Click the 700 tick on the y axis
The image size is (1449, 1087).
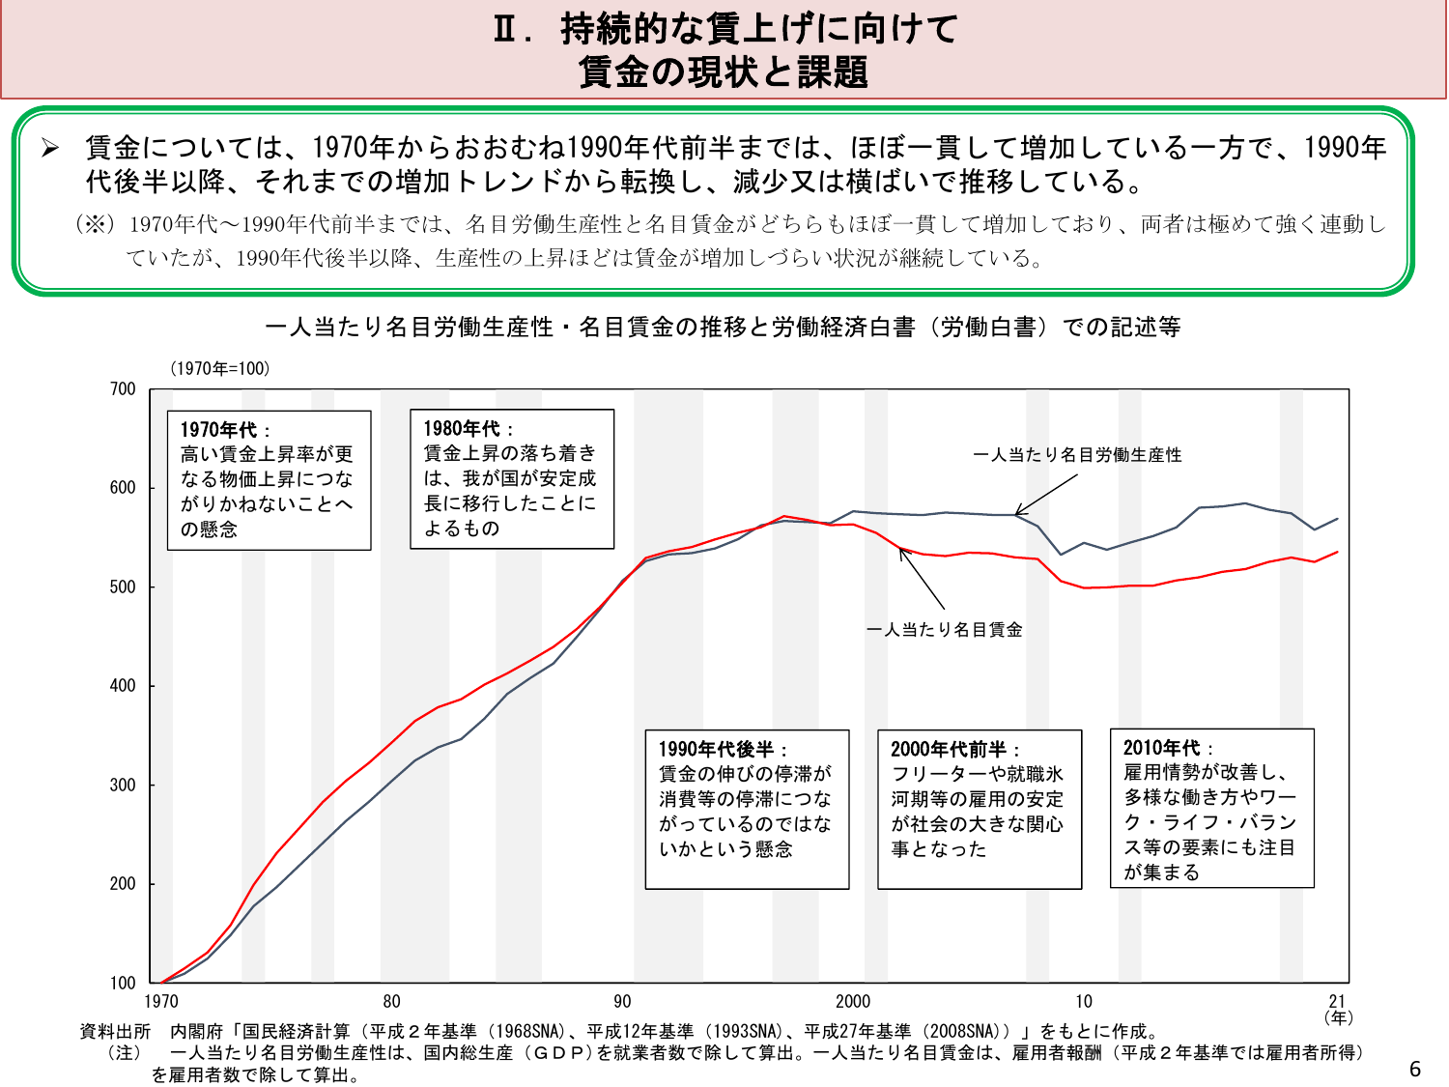[123, 389]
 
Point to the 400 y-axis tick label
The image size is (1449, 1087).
[123, 686]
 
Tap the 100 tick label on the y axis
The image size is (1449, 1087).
[123, 984]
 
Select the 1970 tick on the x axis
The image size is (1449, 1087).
[161, 1002]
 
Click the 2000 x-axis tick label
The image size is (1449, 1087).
[853, 1002]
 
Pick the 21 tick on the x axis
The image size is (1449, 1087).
[1337, 1001]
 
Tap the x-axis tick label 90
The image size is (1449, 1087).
[622, 1002]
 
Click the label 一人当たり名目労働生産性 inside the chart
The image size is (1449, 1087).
[1077, 455]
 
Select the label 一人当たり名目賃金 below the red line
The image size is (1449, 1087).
[944, 630]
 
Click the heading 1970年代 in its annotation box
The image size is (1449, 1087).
[218, 430]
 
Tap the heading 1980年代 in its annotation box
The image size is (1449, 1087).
[462, 429]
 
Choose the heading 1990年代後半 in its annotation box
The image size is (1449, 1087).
[716, 750]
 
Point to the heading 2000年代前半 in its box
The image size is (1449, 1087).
[948, 750]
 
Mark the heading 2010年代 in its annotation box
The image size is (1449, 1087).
[1162, 749]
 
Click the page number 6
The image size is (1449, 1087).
[1415, 1069]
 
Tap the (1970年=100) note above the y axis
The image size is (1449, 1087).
[219, 369]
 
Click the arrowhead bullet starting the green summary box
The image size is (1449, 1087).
[50, 148]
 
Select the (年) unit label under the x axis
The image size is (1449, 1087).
[1339, 1017]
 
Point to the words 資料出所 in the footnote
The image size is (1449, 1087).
[115, 1032]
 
